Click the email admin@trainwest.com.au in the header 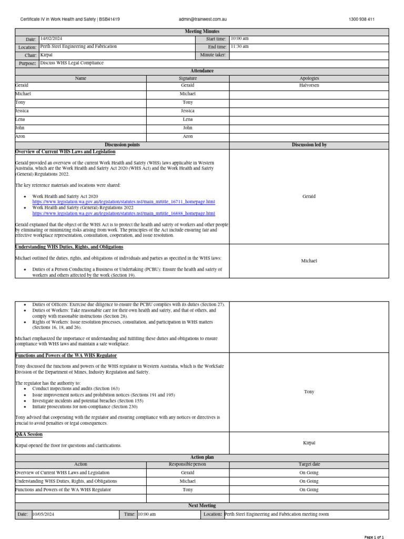[203, 19]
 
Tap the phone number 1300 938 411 [361, 19]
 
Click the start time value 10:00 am [240, 39]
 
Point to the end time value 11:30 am [240, 47]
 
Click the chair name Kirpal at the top [46, 55]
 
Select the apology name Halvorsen [309, 85]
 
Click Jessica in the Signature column [188, 111]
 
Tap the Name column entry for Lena [21, 119]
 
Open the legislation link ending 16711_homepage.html [124, 202]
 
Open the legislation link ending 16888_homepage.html [124, 214]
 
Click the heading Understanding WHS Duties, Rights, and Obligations [69, 247]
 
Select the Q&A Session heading [29, 435]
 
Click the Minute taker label [213, 55]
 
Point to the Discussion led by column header [309, 145]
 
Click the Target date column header [309, 465]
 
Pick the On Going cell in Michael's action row [309, 481]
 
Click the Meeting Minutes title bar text [202, 32]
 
